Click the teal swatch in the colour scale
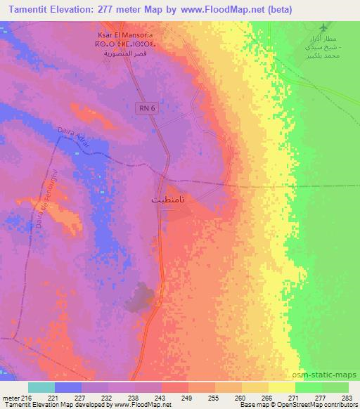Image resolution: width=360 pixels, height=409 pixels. pos(41,387)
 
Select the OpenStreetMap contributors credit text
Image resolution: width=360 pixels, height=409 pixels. pos(315,404)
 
